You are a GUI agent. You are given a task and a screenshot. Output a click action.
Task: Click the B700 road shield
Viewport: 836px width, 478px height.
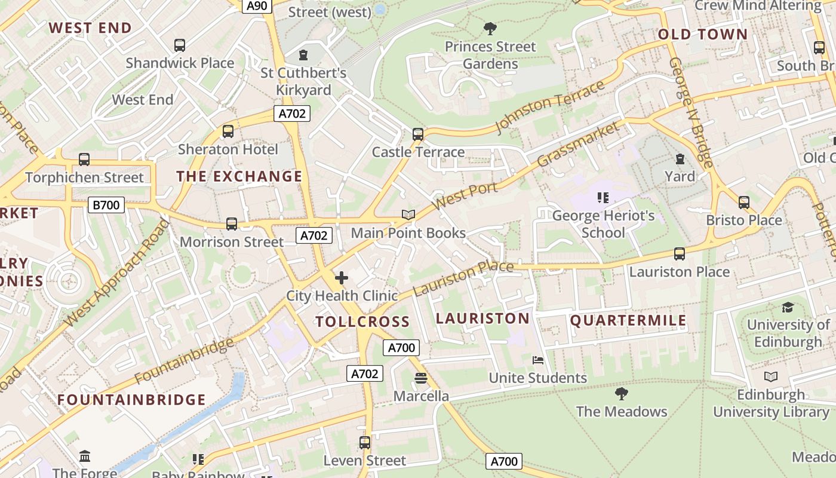coord(106,205)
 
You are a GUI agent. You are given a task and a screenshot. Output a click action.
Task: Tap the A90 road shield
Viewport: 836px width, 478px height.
coord(257,6)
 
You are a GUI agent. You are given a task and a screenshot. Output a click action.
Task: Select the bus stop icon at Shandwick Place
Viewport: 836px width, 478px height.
coord(180,45)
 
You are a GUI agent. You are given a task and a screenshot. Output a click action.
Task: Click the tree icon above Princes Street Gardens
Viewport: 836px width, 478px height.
coord(490,28)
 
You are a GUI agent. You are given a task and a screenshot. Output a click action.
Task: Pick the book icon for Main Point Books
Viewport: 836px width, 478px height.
coord(408,215)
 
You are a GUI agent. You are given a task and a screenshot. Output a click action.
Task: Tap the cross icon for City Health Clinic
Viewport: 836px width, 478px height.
coord(342,278)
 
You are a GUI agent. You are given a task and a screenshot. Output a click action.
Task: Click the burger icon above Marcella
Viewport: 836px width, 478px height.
coord(421,378)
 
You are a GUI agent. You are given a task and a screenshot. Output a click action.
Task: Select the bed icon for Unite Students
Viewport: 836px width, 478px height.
coord(538,360)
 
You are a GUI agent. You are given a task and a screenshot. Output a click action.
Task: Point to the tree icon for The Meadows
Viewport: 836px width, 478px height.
coord(622,394)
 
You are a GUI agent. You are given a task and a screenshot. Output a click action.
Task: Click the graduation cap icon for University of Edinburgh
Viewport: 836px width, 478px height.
coord(788,307)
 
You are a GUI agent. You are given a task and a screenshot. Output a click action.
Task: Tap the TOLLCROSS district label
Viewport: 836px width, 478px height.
coord(362,322)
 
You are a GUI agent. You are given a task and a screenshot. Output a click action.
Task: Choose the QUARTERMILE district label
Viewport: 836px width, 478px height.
coord(628,320)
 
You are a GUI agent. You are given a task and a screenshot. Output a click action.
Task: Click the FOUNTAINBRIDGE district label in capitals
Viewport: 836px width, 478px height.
coord(131,400)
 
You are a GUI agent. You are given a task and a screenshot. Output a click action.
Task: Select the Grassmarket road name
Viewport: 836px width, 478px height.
coord(578,145)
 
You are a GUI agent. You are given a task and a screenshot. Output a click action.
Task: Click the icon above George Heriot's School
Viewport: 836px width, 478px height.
coord(603,198)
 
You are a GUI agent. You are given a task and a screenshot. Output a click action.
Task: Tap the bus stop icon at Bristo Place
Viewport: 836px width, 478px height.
coord(744,203)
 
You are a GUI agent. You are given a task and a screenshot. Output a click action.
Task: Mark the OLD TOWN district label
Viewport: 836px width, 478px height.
coord(703,35)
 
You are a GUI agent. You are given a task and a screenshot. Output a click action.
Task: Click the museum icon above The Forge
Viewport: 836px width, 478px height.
coord(85,456)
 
